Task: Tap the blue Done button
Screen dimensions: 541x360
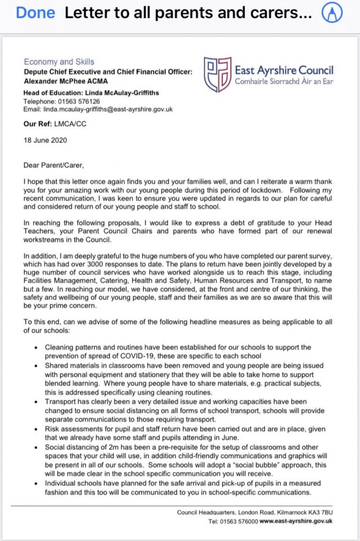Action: coord(36,13)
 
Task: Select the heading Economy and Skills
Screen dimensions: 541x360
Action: coord(59,62)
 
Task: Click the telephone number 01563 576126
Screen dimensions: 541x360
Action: coord(79,101)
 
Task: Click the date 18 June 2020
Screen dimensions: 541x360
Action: coord(45,140)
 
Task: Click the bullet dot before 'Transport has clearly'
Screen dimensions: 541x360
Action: coord(38,402)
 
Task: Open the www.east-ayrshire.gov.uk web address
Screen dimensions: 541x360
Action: coord(296,521)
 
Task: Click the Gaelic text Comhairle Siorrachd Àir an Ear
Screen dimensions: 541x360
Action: coord(284,82)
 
